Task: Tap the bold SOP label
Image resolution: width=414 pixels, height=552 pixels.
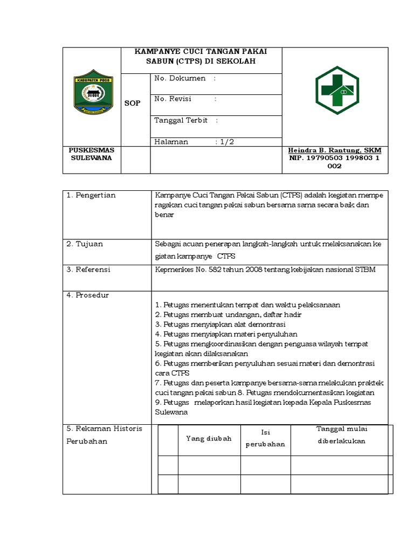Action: point(132,103)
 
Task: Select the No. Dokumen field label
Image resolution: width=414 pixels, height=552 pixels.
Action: point(180,78)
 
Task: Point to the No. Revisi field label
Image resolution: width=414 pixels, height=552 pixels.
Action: point(173,99)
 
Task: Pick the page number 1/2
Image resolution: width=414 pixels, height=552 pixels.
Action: point(225,142)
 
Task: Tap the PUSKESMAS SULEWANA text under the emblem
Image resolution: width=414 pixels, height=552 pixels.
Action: point(92,154)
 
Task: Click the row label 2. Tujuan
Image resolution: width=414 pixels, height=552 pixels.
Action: point(85,244)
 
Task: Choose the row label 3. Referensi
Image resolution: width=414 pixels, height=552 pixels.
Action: point(88,270)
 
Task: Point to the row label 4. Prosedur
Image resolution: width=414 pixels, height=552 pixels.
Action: point(87,295)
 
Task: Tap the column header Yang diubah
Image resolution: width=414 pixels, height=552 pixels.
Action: point(209,438)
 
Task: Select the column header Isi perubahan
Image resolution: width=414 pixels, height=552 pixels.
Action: point(265,438)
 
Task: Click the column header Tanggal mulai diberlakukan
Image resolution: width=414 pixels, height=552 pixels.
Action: point(341,434)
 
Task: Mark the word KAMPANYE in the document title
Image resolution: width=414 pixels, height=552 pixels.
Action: point(157,51)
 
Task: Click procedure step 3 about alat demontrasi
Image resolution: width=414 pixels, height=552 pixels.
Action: point(220,324)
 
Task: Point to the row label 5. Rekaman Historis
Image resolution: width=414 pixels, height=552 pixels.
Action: point(104,429)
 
